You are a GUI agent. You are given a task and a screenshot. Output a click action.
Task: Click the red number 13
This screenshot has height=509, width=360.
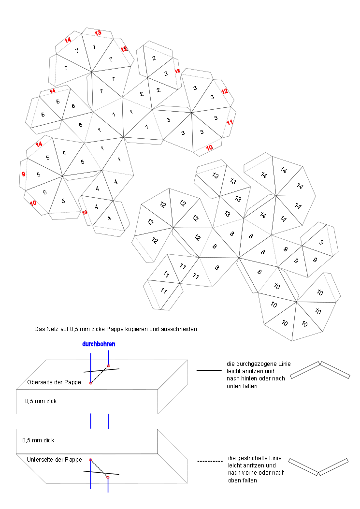tap(98, 33)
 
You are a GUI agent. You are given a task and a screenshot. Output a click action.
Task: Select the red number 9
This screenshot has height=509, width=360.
tap(23, 174)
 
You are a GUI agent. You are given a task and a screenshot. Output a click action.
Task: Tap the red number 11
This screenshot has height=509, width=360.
tap(230, 122)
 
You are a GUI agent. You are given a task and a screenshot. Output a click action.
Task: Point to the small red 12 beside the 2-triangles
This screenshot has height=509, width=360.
tap(177, 71)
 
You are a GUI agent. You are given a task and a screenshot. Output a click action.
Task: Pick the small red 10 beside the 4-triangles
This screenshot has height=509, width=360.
tap(85, 212)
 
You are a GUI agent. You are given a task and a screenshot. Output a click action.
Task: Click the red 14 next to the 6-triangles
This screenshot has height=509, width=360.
tap(53, 91)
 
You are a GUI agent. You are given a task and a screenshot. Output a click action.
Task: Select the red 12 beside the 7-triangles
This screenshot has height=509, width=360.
tap(124, 49)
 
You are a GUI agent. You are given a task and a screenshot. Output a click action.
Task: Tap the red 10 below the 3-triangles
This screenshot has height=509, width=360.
tap(209, 148)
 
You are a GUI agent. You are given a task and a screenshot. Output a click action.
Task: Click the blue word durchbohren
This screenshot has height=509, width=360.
tap(99, 344)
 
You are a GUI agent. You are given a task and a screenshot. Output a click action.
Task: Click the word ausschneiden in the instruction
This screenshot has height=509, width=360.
tap(181, 329)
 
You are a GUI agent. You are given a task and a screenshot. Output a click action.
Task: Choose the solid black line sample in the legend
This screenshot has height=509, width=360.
tap(209, 371)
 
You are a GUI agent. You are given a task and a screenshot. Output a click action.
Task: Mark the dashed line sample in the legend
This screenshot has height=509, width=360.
tap(209, 461)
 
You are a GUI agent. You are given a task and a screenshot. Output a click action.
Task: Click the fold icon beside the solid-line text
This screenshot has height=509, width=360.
tap(319, 370)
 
